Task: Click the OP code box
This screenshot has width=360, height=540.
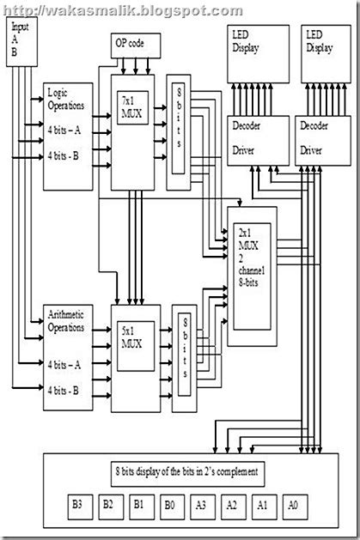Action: pyautogui.click(x=131, y=42)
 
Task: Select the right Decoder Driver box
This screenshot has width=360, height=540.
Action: pyautogui.click(x=320, y=137)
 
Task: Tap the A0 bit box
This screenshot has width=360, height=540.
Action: pyautogui.click(x=293, y=505)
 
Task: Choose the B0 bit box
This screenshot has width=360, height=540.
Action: pyautogui.click(x=173, y=505)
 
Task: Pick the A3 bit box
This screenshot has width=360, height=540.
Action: pyautogui.click(x=203, y=505)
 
